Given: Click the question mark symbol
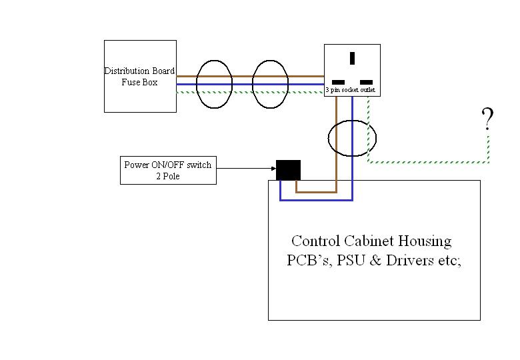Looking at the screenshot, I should (487, 119).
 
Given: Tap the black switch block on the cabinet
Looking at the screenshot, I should (288, 170).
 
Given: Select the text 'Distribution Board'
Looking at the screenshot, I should (139, 71).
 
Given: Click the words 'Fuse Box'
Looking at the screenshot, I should (139, 83).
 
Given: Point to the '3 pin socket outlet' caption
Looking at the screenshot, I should (351, 89).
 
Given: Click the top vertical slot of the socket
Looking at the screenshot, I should (351, 58).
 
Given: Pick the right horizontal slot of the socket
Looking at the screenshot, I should (366, 81).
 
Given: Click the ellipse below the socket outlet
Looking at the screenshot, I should (352, 138).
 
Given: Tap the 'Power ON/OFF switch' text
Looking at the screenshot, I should (167, 165).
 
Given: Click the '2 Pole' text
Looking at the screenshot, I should (167, 176).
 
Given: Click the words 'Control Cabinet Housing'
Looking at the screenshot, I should (371, 241).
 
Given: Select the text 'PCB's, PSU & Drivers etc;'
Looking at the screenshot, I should (373, 260).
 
